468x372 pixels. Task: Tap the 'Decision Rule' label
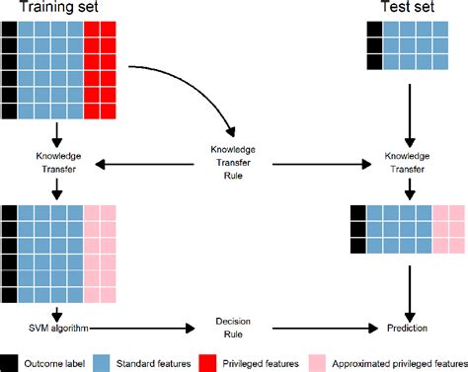pyautogui.click(x=233, y=328)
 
